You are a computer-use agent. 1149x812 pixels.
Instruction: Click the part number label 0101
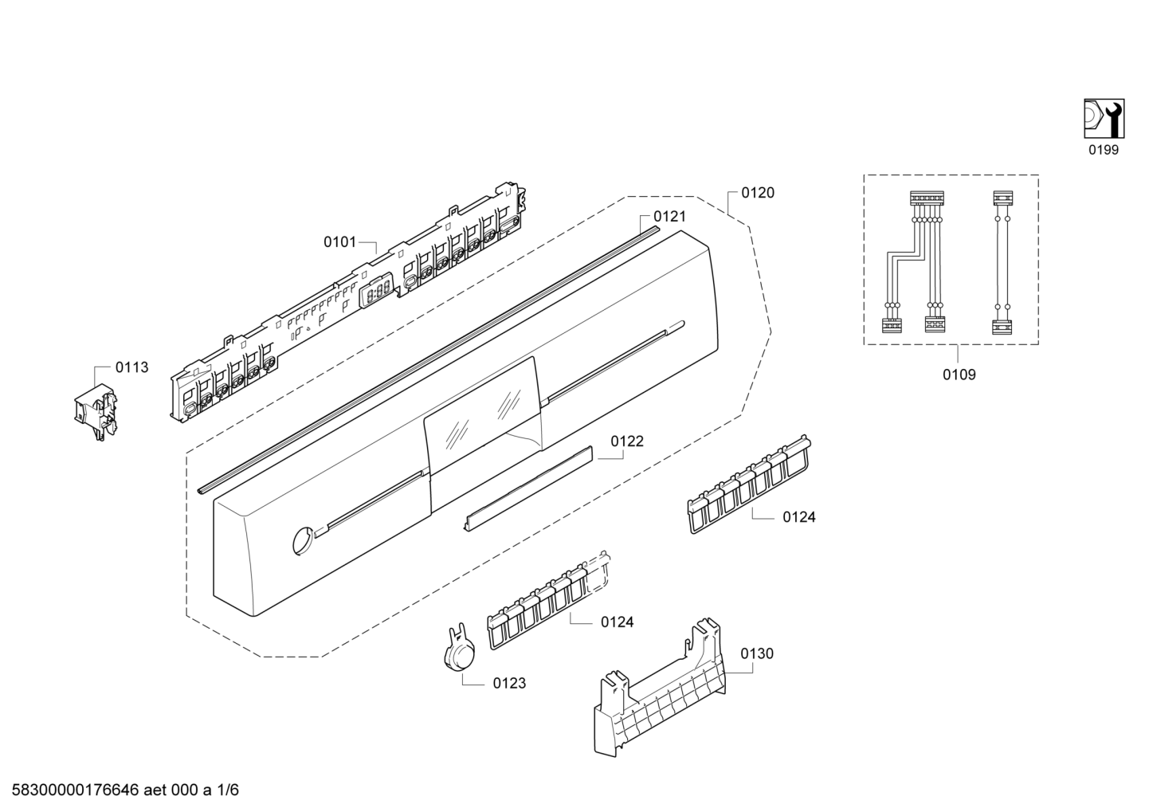pos(339,241)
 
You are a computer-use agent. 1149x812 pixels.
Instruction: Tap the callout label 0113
pos(131,367)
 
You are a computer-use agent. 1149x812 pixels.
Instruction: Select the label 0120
pos(757,193)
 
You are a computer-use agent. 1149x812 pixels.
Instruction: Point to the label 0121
pos(669,216)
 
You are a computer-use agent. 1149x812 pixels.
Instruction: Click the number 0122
pos(627,441)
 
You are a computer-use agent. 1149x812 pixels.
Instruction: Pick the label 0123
pos(509,683)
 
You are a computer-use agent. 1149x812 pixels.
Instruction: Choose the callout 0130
pos(757,653)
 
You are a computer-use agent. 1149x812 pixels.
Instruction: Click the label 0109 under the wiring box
pos(959,374)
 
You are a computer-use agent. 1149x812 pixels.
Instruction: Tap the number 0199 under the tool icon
pos(1104,150)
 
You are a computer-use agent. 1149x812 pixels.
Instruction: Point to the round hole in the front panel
pos(302,539)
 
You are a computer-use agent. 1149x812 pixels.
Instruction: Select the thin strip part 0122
pos(529,485)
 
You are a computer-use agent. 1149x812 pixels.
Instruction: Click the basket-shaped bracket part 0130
pos(661,693)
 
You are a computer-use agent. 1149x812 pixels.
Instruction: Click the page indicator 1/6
pos(228,790)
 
